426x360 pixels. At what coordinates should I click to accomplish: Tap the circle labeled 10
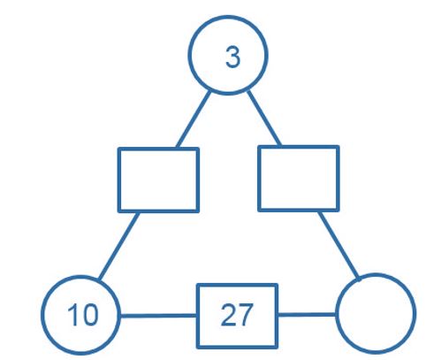pyautogui.click(x=42, y=315)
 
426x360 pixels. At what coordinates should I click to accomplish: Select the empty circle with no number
pyautogui.click(x=337, y=313)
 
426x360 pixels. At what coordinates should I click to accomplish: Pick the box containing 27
pyautogui.click(x=198, y=316)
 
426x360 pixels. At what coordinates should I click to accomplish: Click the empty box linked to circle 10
pyautogui.click(x=119, y=180)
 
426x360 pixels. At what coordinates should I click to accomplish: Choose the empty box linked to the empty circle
pyautogui.click(x=259, y=178)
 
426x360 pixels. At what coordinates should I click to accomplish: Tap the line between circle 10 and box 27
pyautogui.click(x=158, y=316)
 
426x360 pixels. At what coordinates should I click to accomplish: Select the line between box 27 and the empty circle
pyautogui.click(x=307, y=315)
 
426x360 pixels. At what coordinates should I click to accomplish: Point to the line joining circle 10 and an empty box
pyautogui.click(x=118, y=246)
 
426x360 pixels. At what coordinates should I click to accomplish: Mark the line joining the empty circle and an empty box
pyautogui.click(x=339, y=245)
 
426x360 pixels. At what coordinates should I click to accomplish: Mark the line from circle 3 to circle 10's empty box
pyautogui.click(x=194, y=119)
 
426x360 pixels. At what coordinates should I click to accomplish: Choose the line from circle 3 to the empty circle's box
pyautogui.click(x=264, y=119)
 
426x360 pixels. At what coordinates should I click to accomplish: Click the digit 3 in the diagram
pyautogui.click(x=232, y=57)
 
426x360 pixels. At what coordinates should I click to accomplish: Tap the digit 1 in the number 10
pyautogui.click(x=72, y=315)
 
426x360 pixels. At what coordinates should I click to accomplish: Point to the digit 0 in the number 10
pyautogui.click(x=89, y=315)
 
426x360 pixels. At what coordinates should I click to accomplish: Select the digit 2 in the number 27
pyautogui.click(x=228, y=315)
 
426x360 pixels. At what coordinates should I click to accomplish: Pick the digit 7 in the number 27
pyautogui.click(x=245, y=315)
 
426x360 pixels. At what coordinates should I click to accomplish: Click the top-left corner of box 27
pyautogui.click(x=198, y=285)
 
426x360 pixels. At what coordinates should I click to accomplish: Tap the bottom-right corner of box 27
pyautogui.click(x=277, y=348)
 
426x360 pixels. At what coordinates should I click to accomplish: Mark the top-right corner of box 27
pyautogui.click(x=277, y=285)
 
